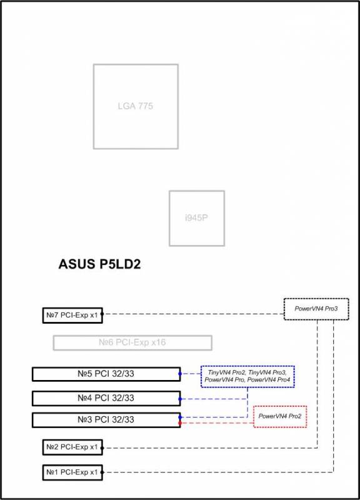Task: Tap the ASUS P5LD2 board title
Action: (99, 264)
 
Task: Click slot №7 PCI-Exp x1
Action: (72, 315)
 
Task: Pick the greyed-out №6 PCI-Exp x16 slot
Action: (132, 342)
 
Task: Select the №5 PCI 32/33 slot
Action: (106, 374)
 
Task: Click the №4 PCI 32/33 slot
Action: (106, 398)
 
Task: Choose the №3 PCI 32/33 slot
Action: (106, 419)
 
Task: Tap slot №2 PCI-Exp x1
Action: (72, 447)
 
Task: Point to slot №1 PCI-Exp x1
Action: (72, 472)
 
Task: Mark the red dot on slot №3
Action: (180, 423)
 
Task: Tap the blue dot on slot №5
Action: (180, 374)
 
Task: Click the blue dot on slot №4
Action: (180, 399)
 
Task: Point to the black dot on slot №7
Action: (102, 314)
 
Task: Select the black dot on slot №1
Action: (102, 472)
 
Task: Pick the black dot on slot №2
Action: (102, 448)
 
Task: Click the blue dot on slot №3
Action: (180, 417)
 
